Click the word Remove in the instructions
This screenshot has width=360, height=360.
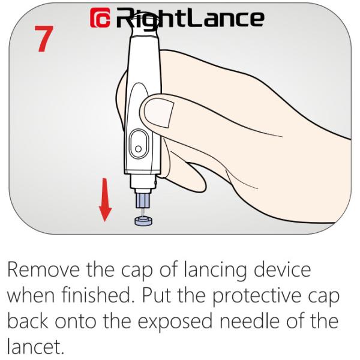coord(44,270)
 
